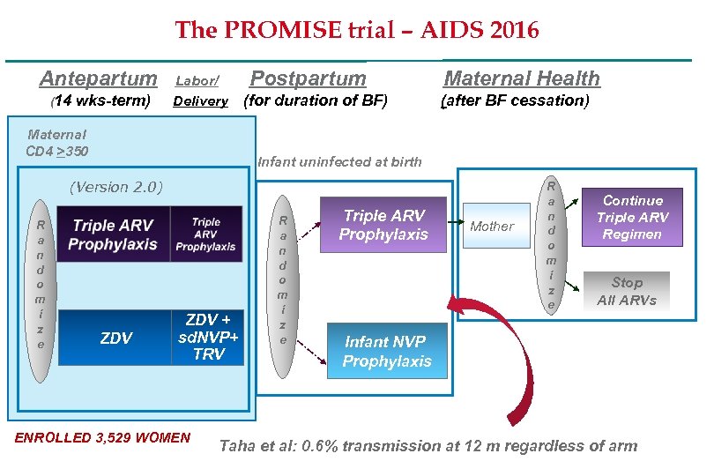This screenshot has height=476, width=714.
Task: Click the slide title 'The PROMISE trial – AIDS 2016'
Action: click(x=357, y=31)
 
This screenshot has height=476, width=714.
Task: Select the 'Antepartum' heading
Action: click(x=98, y=78)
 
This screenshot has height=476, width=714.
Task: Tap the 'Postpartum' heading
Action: click(x=309, y=78)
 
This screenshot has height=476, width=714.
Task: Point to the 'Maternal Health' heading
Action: click(x=521, y=78)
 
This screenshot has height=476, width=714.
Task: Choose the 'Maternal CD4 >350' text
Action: click(x=57, y=143)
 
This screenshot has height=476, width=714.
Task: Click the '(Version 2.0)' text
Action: click(x=116, y=187)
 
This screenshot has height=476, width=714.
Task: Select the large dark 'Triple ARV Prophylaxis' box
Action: click(x=115, y=234)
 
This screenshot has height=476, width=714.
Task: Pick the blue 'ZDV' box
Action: click(x=116, y=338)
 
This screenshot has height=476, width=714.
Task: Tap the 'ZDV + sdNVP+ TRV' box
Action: click(x=207, y=337)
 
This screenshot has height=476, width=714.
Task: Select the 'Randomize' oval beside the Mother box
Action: click(x=552, y=246)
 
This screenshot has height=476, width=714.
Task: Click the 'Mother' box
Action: click(x=492, y=227)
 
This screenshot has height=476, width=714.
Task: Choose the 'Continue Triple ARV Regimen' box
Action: click(x=632, y=217)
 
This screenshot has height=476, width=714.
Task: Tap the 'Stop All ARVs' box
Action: click(x=627, y=291)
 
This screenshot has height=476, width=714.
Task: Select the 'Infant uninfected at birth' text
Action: click(x=339, y=161)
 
